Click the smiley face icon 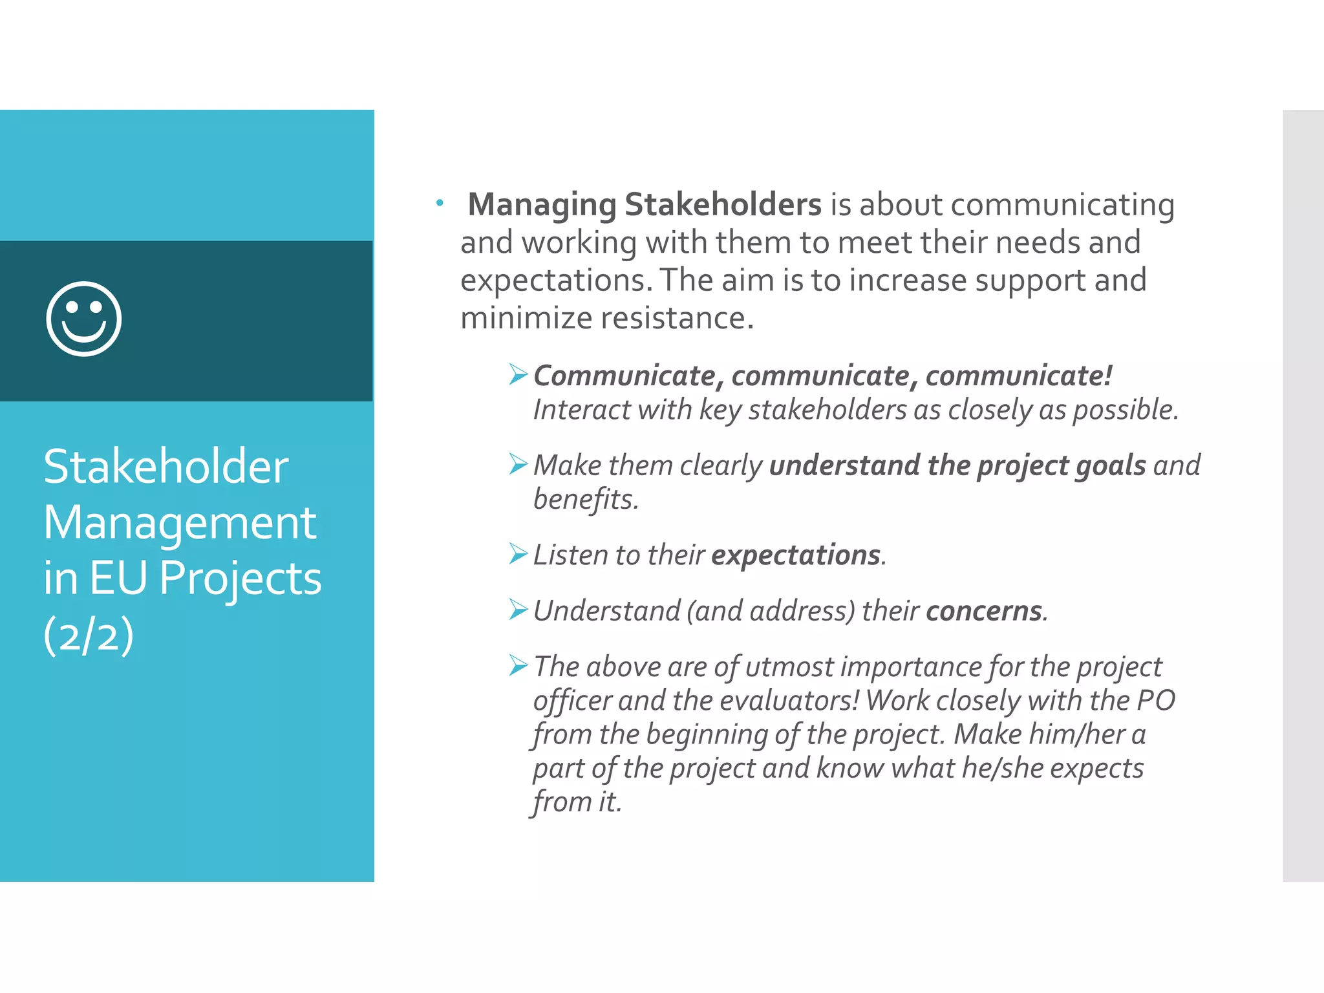click(x=84, y=319)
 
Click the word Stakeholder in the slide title click(x=165, y=467)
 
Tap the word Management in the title click(x=180, y=522)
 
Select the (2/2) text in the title click(x=89, y=635)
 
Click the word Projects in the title click(x=240, y=578)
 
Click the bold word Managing click(x=542, y=205)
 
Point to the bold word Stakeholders click(x=722, y=205)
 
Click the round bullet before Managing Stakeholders click(x=440, y=203)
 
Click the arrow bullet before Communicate click(x=518, y=374)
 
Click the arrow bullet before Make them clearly click(x=518, y=464)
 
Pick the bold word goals click(x=1110, y=466)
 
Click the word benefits click(x=585, y=499)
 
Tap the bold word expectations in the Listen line click(x=796, y=555)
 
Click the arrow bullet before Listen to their click(x=518, y=553)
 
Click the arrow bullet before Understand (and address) click(x=518, y=609)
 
